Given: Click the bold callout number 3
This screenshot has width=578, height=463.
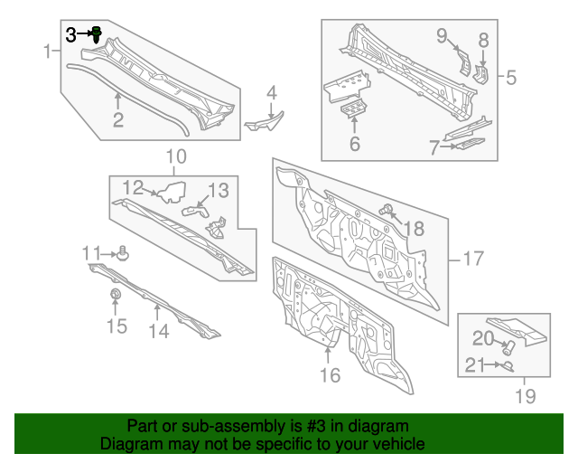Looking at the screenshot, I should click(x=71, y=34).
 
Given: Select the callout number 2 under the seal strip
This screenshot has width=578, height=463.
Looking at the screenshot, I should click(x=118, y=120).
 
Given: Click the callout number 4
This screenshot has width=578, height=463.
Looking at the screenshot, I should click(x=271, y=92).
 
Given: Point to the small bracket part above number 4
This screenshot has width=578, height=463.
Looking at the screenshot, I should click(x=264, y=121).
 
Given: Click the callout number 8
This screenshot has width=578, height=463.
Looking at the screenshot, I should click(x=483, y=40).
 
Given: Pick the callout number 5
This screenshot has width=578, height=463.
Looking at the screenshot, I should click(x=510, y=78).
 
